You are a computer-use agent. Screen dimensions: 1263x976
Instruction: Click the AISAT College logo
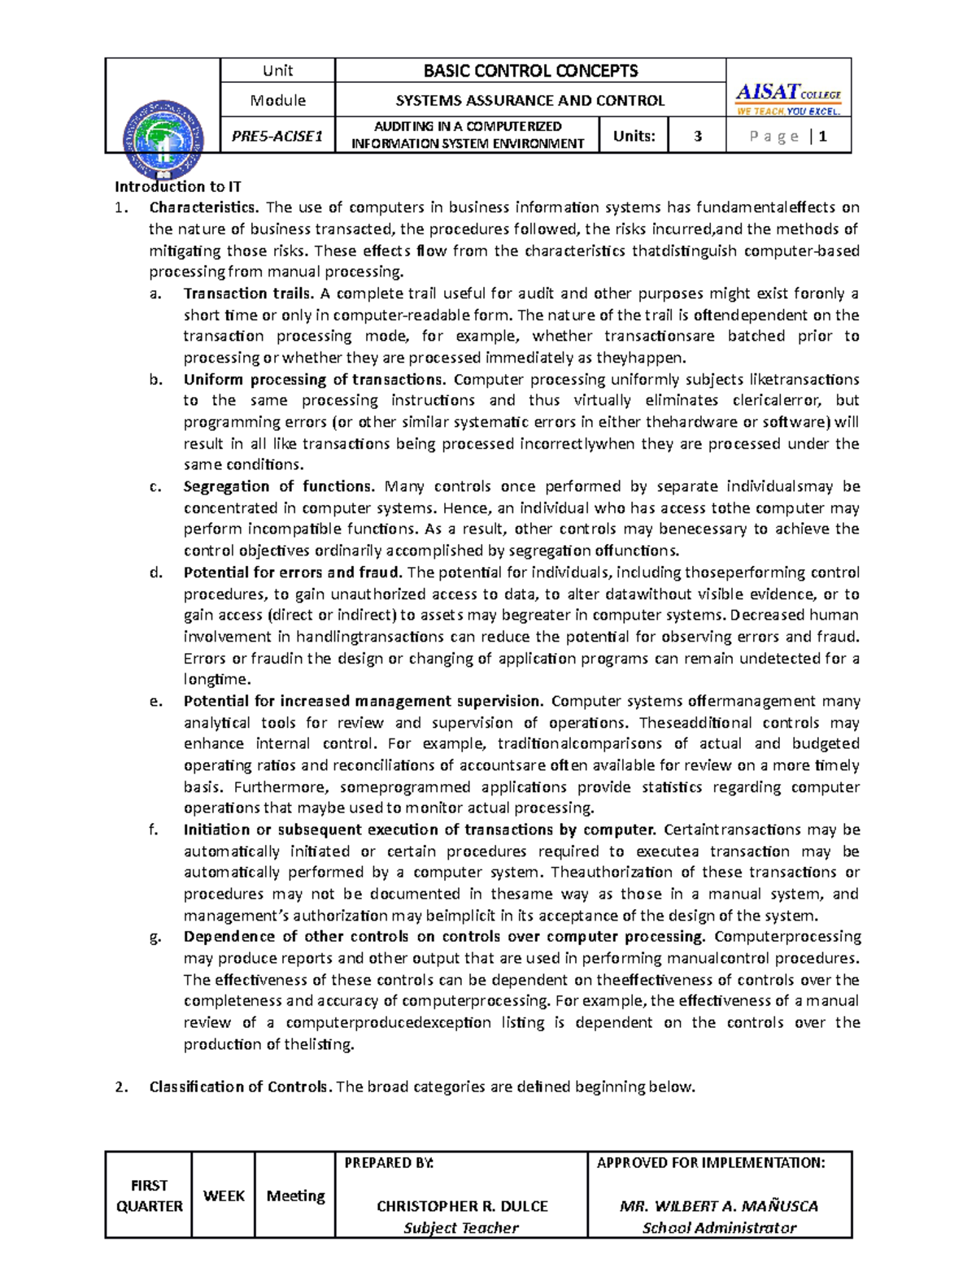click(x=787, y=100)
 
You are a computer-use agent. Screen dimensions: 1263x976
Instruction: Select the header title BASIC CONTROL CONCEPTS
click(x=530, y=71)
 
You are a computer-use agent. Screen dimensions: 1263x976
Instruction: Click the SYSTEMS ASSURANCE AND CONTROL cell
click(x=530, y=101)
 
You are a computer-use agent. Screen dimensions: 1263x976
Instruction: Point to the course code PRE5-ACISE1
click(x=277, y=136)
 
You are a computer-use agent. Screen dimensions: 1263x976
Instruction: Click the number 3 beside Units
click(x=697, y=136)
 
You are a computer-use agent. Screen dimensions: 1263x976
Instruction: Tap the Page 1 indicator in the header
click(x=788, y=136)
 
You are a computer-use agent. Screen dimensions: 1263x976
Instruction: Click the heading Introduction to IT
click(x=178, y=186)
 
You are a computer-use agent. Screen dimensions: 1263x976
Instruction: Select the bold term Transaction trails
click(x=248, y=294)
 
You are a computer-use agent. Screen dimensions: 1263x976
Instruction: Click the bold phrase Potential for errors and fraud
click(x=293, y=573)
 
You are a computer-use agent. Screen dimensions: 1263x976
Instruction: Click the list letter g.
click(x=155, y=937)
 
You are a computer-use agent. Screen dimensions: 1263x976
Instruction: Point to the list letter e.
click(x=155, y=701)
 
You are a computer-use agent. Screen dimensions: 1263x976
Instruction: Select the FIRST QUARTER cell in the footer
click(x=149, y=1195)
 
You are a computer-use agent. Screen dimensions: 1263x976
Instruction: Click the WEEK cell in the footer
click(x=224, y=1195)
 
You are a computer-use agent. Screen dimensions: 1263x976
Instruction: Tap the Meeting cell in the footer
click(x=295, y=1195)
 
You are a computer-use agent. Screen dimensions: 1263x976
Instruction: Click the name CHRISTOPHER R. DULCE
click(x=462, y=1206)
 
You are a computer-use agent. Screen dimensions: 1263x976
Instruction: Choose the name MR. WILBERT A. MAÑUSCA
click(x=719, y=1206)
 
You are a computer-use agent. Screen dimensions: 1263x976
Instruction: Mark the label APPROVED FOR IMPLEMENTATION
click(x=711, y=1163)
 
